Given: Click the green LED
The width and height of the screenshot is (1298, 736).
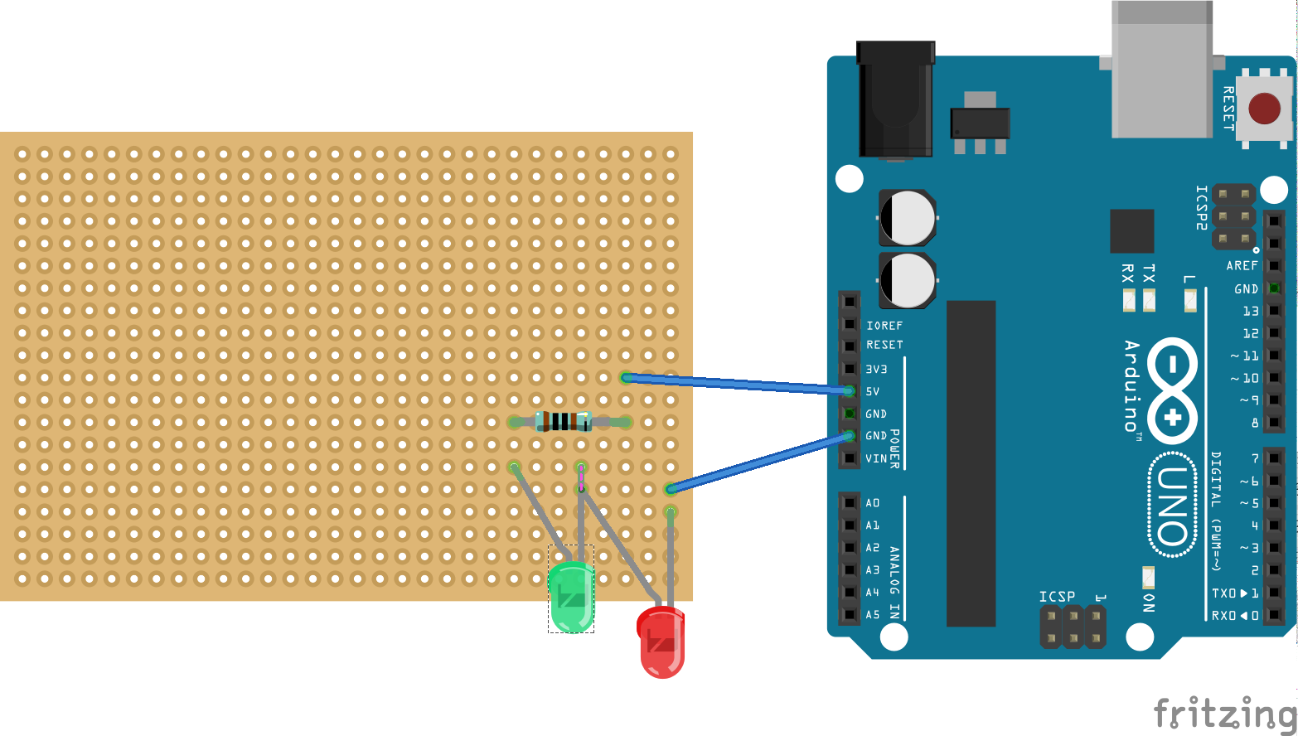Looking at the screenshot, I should click(571, 597).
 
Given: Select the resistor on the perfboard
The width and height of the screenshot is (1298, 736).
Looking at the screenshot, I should click(564, 421).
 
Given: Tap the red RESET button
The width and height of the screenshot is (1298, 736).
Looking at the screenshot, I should click(1264, 109).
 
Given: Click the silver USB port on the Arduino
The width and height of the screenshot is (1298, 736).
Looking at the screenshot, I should click(1161, 70).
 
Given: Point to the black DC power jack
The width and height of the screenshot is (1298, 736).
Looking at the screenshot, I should click(895, 99).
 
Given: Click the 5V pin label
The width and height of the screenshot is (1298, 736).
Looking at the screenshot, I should click(873, 391).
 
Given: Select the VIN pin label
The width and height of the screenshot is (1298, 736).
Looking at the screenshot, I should click(876, 458).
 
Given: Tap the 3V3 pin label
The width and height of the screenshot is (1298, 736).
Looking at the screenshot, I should click(876, 369).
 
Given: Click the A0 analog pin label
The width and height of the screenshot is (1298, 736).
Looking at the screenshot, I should click(873, 503).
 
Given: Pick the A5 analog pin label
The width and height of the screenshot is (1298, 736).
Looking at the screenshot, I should click(873, 615).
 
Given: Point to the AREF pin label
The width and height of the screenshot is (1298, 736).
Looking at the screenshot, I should click(1242, 266).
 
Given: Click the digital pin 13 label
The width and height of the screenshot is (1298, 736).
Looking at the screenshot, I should click(1250, 312).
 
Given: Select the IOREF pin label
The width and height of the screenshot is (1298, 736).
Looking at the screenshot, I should click(884, 326).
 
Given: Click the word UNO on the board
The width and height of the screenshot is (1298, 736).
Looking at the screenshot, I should click(1172, 506).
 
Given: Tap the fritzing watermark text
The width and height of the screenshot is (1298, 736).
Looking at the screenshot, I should click(1224, 712).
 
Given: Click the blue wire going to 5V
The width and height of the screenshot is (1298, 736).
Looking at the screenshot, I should click(738, 384).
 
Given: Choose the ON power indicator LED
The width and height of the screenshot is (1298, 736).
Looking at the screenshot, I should click(1148, 577).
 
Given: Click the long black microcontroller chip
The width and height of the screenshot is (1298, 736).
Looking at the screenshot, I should click(971, 463).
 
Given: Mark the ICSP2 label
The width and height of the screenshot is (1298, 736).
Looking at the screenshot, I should click(1201, 207).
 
